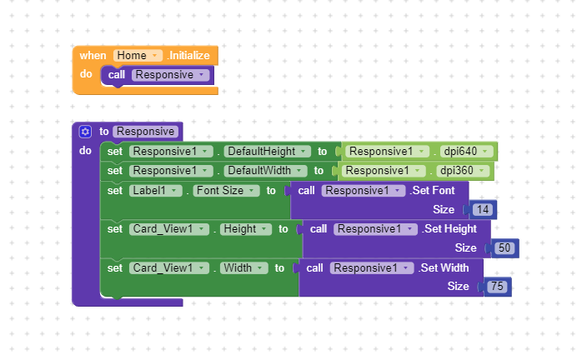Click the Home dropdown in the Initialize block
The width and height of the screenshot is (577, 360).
point(138,56)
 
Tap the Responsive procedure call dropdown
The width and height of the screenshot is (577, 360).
point(170,75)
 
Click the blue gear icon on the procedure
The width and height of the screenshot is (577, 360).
point(85,132)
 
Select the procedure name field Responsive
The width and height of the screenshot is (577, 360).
point(146,132)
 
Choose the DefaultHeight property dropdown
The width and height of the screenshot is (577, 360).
point(267,152)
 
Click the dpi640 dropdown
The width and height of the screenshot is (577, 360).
point(466,152)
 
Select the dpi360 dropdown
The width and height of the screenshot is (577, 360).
point(463,171)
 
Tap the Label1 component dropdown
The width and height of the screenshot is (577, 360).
point(156,191)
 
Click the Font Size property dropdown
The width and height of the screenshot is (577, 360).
point(226,191)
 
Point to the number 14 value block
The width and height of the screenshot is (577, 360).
point(483,210)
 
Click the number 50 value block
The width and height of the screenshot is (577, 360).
point(504,248)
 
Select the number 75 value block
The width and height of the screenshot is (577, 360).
point(497,287)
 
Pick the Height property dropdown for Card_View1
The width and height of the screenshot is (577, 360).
point(245,229)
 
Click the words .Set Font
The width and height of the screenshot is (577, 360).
point(433,191)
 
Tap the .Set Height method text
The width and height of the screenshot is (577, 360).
point(449,229)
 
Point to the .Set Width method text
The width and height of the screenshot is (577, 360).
point(444,268)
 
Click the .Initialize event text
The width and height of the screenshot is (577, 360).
point(188,56)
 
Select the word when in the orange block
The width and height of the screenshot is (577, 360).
point(93,56)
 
